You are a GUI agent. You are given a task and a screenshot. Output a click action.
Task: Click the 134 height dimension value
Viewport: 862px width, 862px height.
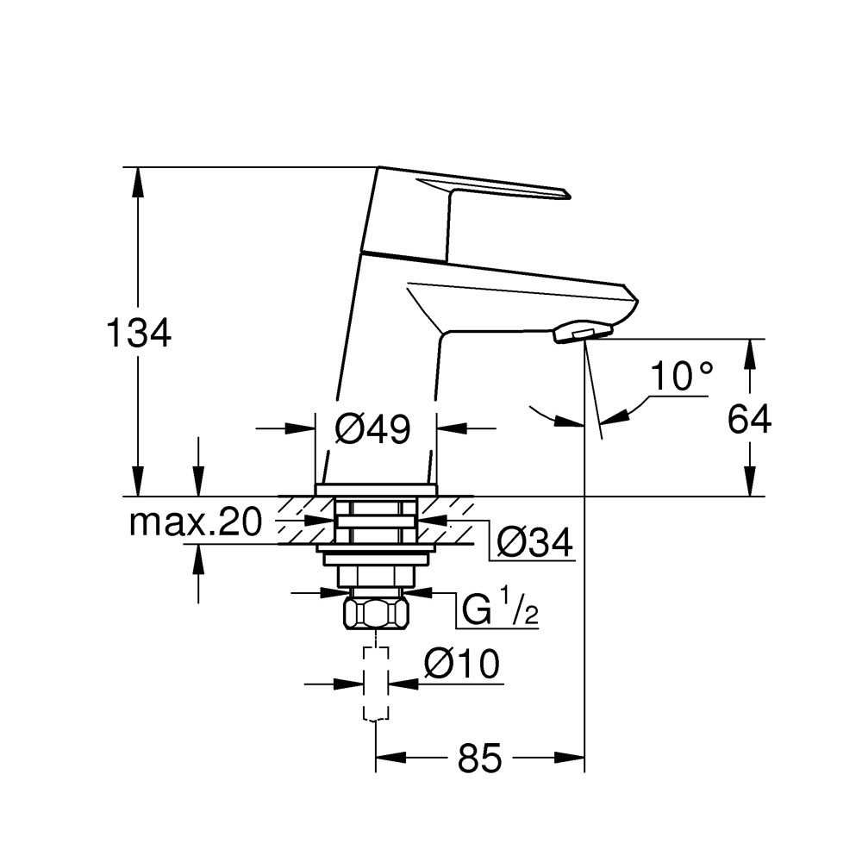coord(139,333)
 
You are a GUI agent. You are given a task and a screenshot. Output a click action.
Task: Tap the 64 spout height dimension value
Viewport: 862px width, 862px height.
coord(749,420)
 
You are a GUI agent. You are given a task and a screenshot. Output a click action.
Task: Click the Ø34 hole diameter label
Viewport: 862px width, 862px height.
coord(535,542)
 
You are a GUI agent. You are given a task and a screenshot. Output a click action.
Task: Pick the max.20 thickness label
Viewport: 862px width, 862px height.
coord(195,522)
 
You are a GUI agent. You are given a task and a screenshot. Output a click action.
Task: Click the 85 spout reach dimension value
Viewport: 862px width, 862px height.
coord(479,758)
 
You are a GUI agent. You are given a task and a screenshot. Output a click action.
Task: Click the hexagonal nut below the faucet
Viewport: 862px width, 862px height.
coord(377,614)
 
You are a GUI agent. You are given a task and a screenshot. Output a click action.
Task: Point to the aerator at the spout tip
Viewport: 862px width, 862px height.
coord(583,333)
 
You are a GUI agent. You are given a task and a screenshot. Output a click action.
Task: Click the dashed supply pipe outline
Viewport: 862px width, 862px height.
coord(376,683)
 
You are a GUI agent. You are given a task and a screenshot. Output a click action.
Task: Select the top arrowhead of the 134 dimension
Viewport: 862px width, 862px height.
coord(138,181)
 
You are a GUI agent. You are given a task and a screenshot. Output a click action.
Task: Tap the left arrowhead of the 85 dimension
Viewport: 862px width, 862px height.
coord(390,758)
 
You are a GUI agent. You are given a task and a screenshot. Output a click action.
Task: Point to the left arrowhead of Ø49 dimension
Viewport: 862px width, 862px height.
coord(301,428)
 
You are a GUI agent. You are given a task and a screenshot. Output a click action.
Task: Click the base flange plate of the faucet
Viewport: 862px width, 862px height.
coord(376,490)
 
